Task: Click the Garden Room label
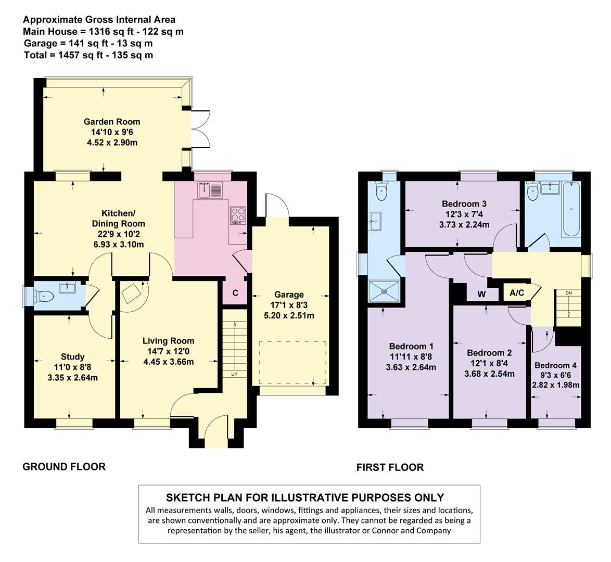click(112, 122)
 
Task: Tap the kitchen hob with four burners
click(238, 215)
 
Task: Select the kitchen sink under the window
click(210, 190)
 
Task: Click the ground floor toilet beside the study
click(43, 297)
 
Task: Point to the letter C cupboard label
click(235, 293)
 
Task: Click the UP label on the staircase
click(234, 374)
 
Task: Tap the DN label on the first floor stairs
click(568, 292)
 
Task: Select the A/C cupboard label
click(517, 292)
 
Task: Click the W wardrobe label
click(481, 294)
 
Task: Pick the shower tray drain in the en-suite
click(384, 291)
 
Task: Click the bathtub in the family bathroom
click(571, 209)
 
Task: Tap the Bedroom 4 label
click(555, 365)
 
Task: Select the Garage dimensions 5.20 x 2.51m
click(289, 315)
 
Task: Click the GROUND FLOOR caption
click(64, 467)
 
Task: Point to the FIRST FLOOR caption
click(390, 467)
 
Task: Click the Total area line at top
click(88, 55)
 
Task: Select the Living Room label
click(168, 341)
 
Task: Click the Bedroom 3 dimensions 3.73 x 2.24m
click(464, 224)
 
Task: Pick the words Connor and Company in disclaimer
click(411, 530)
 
